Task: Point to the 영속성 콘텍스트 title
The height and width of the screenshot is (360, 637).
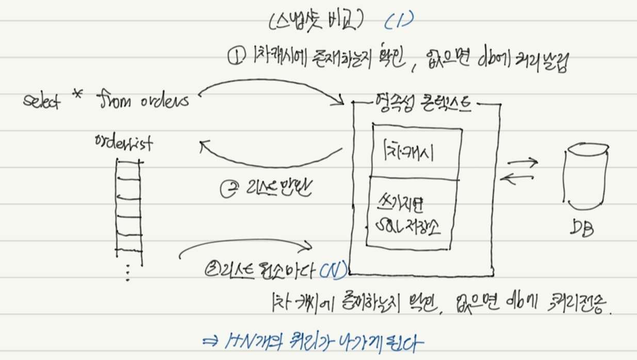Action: (426, 105)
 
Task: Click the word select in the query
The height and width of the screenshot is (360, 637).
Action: (42, 101)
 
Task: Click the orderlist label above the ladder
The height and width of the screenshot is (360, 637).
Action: (124, 141)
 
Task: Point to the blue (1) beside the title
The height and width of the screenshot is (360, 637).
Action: (400, 21)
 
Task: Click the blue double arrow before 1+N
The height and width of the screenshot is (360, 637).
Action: (212, 341)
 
